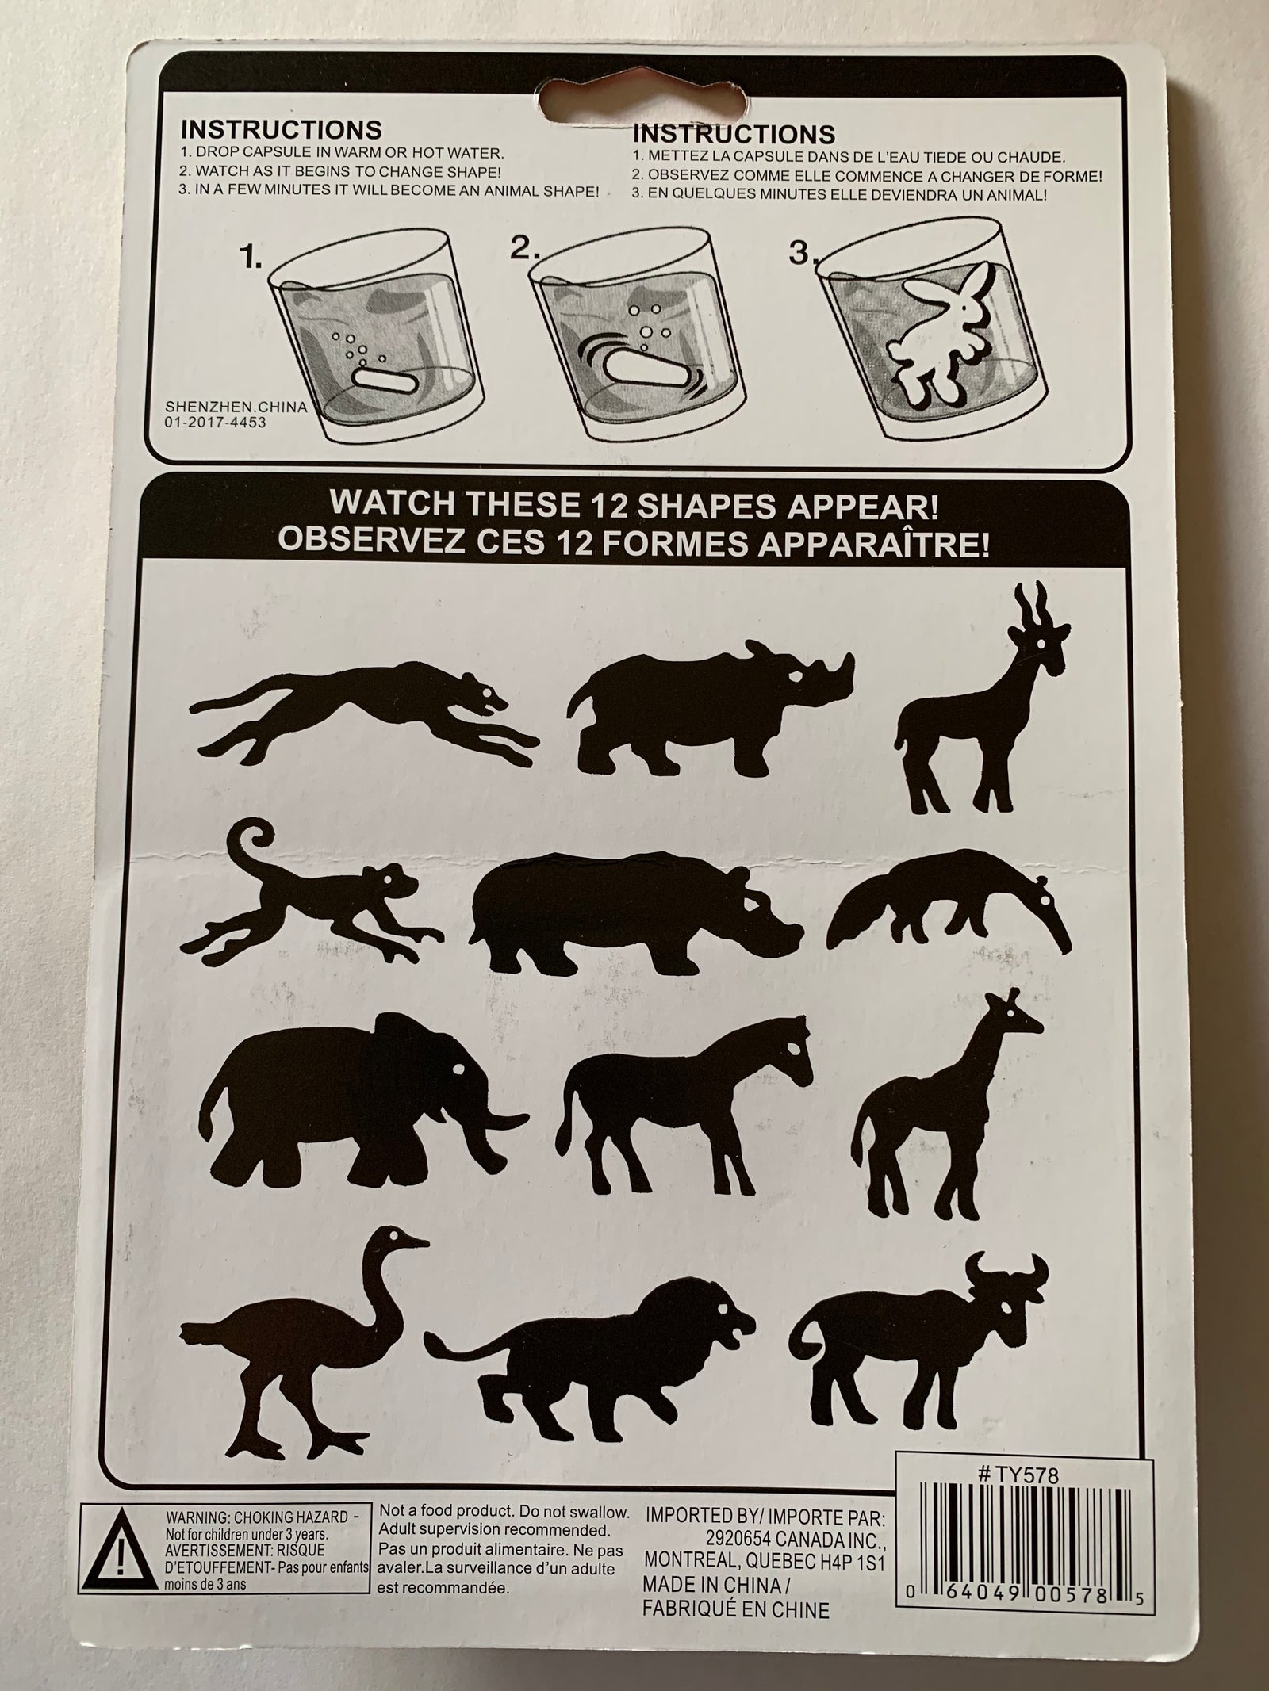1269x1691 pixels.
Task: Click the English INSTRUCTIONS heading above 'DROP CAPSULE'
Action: tap(282, 129)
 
